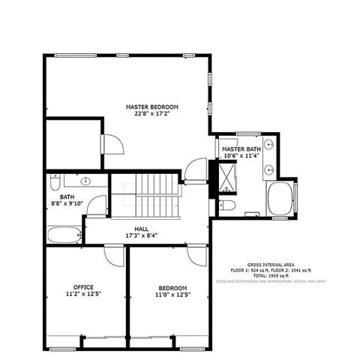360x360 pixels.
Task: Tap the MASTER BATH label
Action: click(x=241, y=149)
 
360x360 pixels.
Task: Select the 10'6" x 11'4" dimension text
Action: click(x=241, y=157)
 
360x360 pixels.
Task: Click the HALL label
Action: click(x=142, y=229)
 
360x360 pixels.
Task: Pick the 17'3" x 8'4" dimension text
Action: click(x=142, y=236)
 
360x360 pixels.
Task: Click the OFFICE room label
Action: click(x=83, y=286)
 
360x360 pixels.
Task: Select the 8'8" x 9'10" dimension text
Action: click(x=66, y=203)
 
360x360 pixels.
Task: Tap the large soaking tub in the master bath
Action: click(x=281, y=199)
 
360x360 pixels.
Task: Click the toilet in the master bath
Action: click(x=227, y=205)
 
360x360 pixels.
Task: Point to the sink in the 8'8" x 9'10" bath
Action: click(x=85, y=181)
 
